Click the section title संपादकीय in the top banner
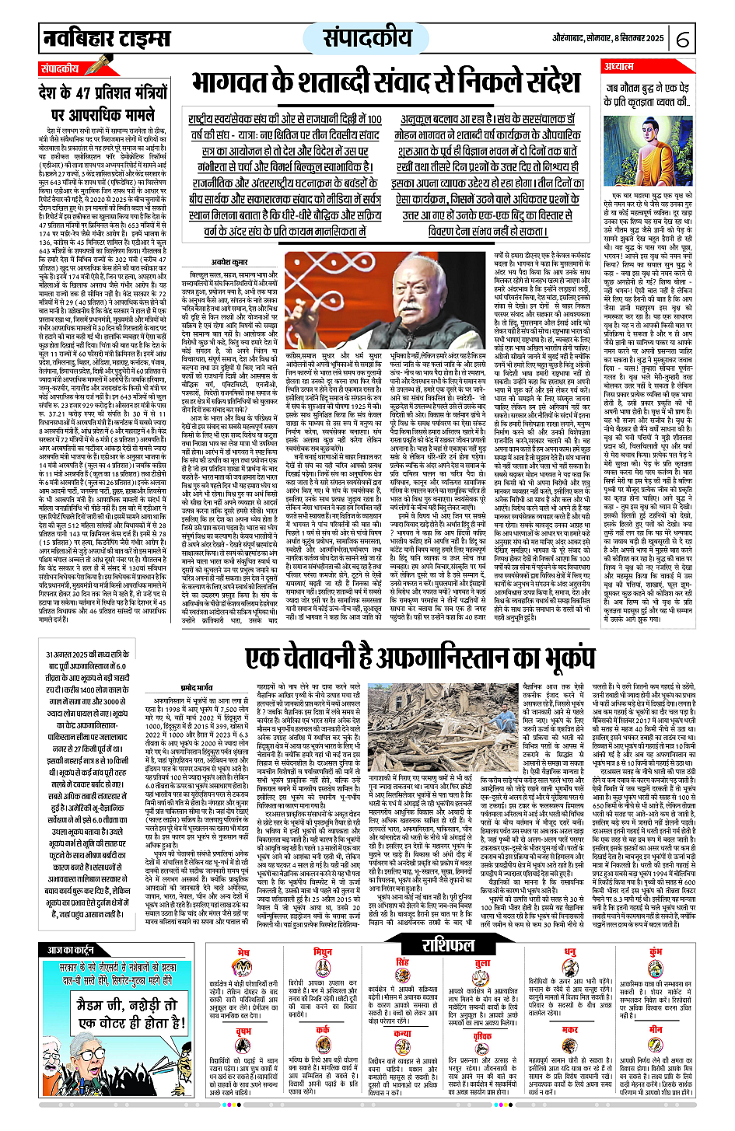(x=367, y=37)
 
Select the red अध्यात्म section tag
(x=620, y=67)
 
